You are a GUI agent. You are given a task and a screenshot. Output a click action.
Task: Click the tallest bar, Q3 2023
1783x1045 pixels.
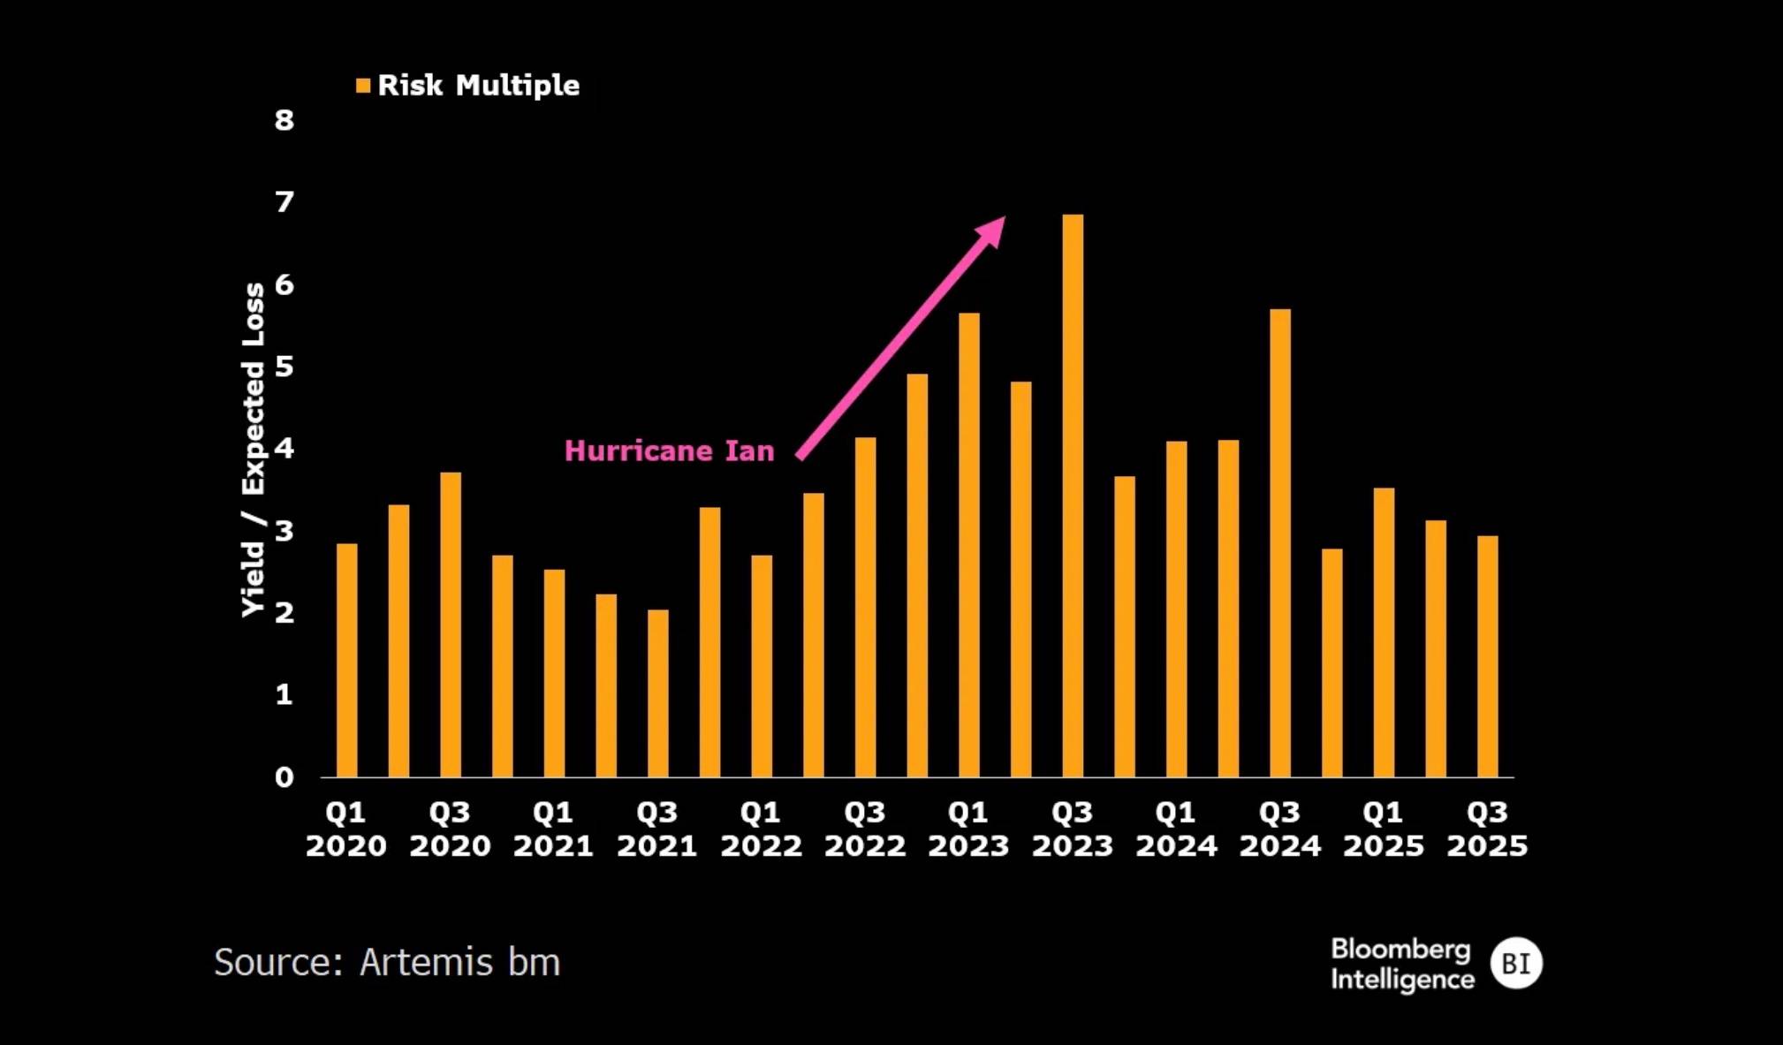(x=1073, y=496)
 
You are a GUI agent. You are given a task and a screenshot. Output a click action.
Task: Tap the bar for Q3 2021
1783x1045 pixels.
(x=657, y=693)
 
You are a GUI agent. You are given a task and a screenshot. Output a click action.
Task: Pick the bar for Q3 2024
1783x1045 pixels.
(x=1280, y=543)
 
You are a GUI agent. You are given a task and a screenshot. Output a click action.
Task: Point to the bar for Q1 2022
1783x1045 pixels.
(x=762, y=666)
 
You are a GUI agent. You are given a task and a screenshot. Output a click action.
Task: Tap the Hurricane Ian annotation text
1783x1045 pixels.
(x=669, y=451)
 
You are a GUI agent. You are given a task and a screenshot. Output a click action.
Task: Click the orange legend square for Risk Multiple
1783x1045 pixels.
(x=363, y=86)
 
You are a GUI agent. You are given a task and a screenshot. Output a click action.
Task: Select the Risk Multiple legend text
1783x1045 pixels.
(x=479, y=86)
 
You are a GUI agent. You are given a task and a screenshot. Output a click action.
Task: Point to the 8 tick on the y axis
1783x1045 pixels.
(x=284, y=120)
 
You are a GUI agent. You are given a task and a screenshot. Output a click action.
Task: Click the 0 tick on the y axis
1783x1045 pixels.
(x=284, y=777)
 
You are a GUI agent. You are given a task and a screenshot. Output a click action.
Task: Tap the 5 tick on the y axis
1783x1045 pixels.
(x=284, y=367)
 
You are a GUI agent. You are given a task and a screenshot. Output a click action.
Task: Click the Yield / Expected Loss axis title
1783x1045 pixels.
(x=254, y=450)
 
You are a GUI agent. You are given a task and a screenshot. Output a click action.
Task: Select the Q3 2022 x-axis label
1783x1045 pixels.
(x=865, y=829)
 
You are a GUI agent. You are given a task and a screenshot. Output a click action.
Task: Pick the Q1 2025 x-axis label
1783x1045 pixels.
(x=1384, y=829)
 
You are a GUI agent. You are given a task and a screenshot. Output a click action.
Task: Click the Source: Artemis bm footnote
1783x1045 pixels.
(x=387, y=962)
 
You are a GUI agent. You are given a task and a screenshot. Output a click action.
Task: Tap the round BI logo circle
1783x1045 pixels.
(x=1516, y=963)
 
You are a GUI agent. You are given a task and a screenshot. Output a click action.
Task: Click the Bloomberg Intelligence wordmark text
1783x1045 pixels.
(x=1402, y=964)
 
